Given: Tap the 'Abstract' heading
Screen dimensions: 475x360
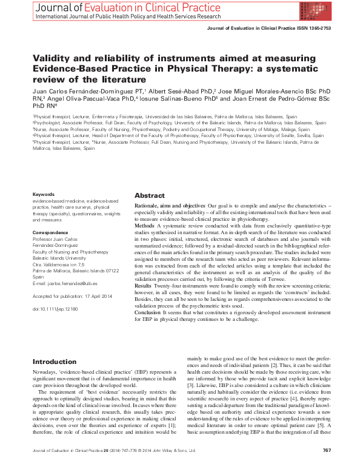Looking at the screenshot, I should pyautogui.click(x=149, y=196).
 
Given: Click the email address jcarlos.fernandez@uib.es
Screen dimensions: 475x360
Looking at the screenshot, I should pyautogui.click(x=76, y=284).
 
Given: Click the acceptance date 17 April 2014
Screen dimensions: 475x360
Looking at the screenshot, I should pyautogui.click(x=97, y=297).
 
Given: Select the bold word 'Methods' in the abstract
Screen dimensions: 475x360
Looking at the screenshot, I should pyautogui.click(x=145, y=225).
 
